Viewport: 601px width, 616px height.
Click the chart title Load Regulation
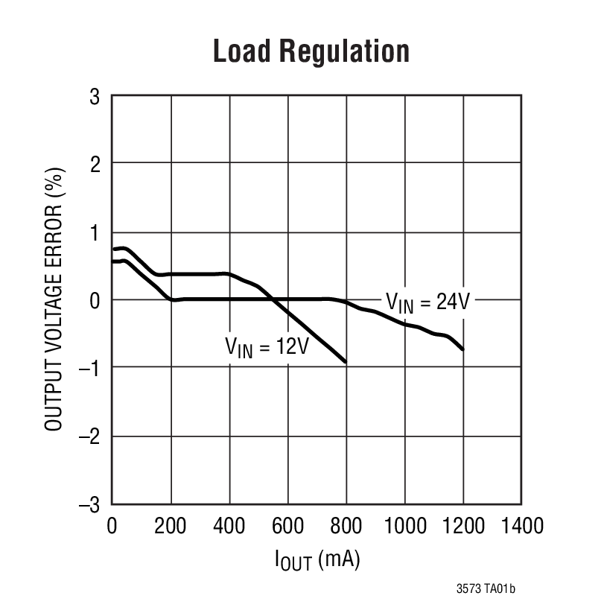pyautogui.click(x=311, y=52)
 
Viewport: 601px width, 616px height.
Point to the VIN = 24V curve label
pyautogui.click(x=429, y=302)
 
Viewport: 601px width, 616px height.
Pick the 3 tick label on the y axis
pyautogui.click(x=95, y=96)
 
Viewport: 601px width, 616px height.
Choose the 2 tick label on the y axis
pyautogui.click(x=95, y=164)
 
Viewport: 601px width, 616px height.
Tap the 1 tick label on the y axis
pyautogui.click(x=95, y=232)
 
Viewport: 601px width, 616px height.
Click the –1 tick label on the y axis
pyautogui.click(x=91, y=369)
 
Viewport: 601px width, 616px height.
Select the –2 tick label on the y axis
pyautogui.click(x=91, y=436)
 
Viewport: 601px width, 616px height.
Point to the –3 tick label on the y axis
pyautogui.click(x=91, y=505)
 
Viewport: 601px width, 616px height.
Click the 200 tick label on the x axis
pyautogui.click(x=171, y=526)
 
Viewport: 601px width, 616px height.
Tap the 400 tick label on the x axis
pyautogui.click(x=229, y=526)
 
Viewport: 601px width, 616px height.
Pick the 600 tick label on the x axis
pyautogui.click(x=287, y=526)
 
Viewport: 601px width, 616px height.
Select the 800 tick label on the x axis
pyautogui.click(x=346, y=526)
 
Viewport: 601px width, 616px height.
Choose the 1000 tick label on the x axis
pyautogui.click(x=404, y=526)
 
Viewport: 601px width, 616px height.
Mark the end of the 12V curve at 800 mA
pyautogui.click(x=346, y=362)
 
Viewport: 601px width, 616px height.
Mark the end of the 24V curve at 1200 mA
pyautogui.click(x=462, y=349)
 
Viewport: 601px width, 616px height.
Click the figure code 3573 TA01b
pyautogui.click(x=485, y=589)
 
